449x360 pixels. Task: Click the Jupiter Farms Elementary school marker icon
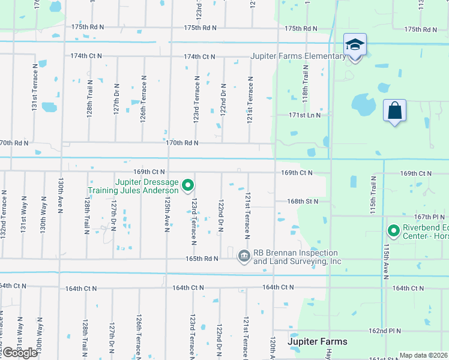(355, 46)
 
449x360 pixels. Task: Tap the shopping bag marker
(394, 111)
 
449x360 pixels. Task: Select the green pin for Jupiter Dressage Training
(188, 185)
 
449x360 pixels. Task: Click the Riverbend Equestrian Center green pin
(394, 230)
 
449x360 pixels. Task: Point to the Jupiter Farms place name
(318, 341)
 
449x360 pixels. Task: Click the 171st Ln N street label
(304, 115)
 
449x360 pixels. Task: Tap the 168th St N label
(302, 202)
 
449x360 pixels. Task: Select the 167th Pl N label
(430, 217)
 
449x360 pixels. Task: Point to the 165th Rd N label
(201, 259)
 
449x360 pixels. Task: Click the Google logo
(20, 353)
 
